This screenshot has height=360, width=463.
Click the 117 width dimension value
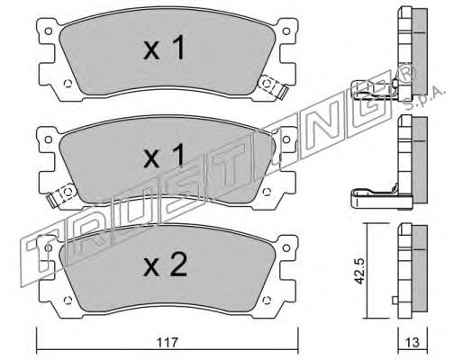pos(168,342)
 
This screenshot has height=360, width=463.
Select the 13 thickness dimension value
pos(413,342)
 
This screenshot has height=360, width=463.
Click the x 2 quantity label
pos(165,265)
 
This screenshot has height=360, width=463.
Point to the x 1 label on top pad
pos(164,48)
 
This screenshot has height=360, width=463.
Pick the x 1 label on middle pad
pos(164,156)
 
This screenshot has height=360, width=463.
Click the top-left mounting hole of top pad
pos(48,31)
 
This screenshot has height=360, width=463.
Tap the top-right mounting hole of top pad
pos(286,31)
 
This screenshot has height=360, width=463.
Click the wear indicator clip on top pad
pos(273,86)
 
